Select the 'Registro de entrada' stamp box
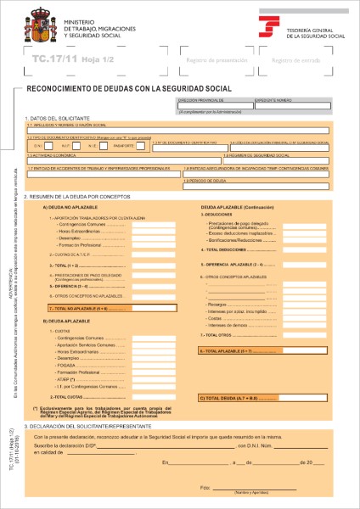(293, 62)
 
